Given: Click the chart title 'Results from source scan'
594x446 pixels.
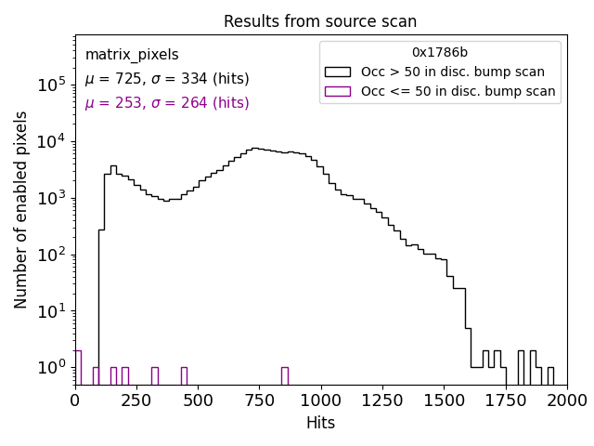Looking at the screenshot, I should point(320,21).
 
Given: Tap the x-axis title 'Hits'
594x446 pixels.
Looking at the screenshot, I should point(320,423).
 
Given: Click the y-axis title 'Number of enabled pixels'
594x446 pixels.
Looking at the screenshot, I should point(21,209).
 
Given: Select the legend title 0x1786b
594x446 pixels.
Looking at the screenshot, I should point(440,53).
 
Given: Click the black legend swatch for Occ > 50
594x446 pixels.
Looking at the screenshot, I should point(338,72).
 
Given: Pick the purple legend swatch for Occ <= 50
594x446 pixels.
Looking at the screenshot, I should point(338,91).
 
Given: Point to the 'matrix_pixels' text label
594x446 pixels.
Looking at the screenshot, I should point(132,55).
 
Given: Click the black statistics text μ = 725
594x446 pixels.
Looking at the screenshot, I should point(167,79).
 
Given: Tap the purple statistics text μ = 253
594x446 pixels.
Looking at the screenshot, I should point(167,103).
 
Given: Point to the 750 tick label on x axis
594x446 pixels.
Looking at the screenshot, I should point(259,400).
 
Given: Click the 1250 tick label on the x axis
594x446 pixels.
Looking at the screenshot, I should point(382,400).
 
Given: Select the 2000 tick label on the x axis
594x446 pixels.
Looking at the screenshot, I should point(566,400).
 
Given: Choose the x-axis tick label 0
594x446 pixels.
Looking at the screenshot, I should point(75,400).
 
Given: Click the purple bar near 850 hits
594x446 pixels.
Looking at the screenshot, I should point(284,375).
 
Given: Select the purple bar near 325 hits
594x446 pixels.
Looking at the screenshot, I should point(155,375).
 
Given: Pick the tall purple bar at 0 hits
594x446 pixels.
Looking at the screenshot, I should point(78,367).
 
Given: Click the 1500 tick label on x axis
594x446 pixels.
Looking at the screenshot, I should point(444,400).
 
